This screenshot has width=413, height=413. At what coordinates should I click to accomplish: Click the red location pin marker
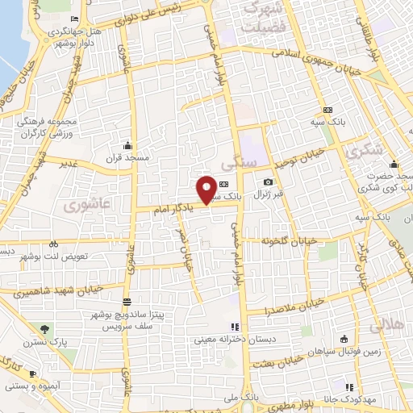[x=207, y=189]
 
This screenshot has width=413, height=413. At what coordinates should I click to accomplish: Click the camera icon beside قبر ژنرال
[x=268, y=183]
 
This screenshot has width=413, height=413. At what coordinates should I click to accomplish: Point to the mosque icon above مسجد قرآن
[x=127, y=146]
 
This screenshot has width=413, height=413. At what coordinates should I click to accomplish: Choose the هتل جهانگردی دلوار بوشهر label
[x=77, y=31]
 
